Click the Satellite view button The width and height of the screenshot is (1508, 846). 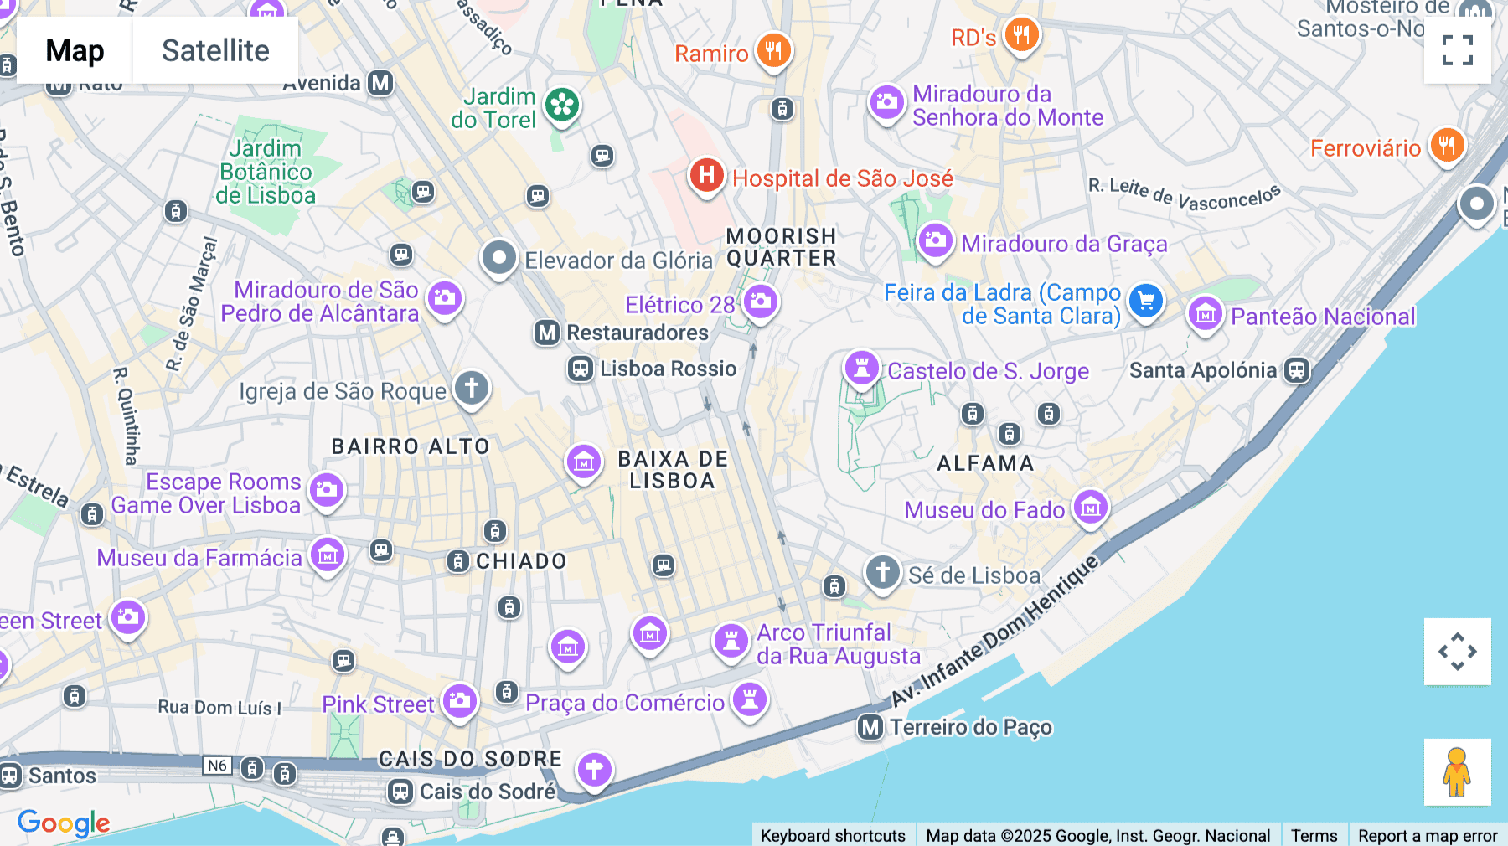click(215, 50)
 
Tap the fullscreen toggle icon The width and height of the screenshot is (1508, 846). click(1457, 50)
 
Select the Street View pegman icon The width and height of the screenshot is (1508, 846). click(1457, 771)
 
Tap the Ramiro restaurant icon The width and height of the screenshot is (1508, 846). click(773, 50)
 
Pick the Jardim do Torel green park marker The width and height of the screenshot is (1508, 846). click(562, 106)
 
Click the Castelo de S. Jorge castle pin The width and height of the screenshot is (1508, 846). click(861, 368)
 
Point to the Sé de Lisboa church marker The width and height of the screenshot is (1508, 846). click(882, 573)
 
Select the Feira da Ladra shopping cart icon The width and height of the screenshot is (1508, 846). click(1145, 301)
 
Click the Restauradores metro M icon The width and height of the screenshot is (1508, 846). click(547, 333)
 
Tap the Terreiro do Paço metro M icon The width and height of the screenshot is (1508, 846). click(870, 727)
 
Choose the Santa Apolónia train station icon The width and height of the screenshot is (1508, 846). click(1297, 369)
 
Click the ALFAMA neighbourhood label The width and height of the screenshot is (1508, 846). click(985, 463)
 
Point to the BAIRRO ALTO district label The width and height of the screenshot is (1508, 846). click(411, 446)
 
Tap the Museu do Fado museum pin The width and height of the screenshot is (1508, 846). click(1091, 507)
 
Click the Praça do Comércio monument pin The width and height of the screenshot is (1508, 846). click(750, 699)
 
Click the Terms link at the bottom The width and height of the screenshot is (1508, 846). click(1314, 835)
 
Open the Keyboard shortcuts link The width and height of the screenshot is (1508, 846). click(833, 835)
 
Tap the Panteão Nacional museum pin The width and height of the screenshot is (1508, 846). click(1206, 314)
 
